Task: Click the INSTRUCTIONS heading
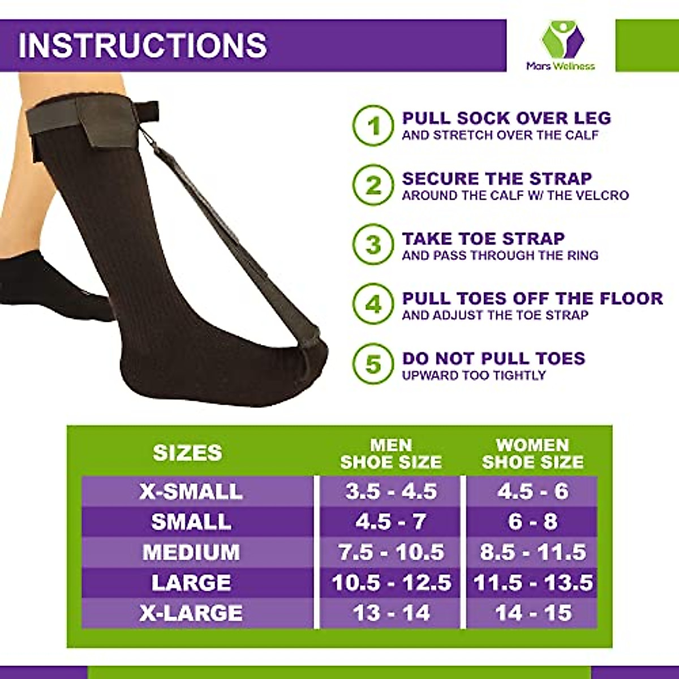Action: tap(143, 45)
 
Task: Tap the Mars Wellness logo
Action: tap(560, 45)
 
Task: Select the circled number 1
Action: tap(373, 126)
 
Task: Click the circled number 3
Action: tap(373, 246)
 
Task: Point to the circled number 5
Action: tap(373, 364)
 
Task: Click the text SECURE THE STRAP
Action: tap(497, 179)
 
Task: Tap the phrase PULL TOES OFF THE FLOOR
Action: tap(532, 298)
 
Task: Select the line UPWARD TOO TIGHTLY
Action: tap(474, 375)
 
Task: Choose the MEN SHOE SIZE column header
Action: tap(391, 453)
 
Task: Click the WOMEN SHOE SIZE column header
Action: tap(532, 453)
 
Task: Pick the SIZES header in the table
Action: tap(187, 453)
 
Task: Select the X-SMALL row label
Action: tap(191, 491)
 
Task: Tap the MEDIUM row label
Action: tap(191, 552)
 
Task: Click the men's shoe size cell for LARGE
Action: tap(391, 583)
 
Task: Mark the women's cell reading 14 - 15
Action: tap(532, 613)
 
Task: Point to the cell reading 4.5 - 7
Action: tap(391, 522)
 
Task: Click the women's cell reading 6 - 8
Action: tap(532, 522)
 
